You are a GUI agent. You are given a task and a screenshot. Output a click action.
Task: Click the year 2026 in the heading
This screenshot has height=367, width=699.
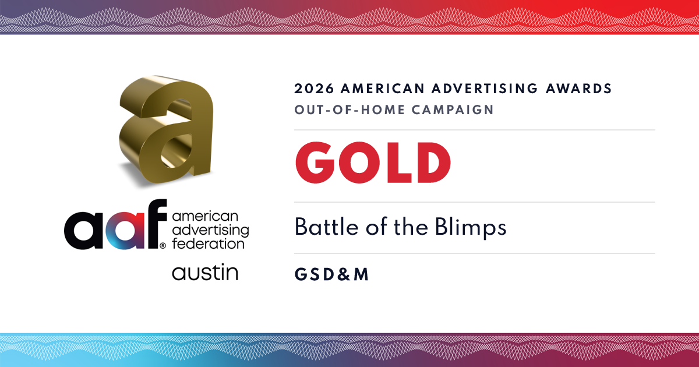314,89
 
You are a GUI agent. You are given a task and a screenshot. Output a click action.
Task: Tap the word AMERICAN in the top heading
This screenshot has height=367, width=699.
383,89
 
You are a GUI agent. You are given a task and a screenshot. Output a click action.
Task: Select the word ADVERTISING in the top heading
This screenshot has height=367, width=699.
485,89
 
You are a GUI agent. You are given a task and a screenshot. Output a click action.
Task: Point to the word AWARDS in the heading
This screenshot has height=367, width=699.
579,89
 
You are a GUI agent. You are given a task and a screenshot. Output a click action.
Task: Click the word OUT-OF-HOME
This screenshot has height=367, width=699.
349,110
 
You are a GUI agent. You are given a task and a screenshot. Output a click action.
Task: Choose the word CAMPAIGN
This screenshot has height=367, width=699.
453,110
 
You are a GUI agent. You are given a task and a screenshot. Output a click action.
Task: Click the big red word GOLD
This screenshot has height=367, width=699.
373,163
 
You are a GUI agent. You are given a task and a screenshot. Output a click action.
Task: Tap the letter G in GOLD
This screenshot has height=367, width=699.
315,163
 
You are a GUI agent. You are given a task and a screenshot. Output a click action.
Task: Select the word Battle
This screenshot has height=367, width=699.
326,227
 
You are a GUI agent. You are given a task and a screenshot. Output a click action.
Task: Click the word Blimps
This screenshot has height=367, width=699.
471,228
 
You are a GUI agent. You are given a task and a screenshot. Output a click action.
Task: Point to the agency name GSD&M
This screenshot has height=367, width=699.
331,274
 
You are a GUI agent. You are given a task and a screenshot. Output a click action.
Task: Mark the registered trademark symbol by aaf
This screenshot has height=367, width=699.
163,246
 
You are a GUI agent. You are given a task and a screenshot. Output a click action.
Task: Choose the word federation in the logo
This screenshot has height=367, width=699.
208,244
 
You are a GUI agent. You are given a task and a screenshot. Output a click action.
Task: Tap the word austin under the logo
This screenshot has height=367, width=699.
205,272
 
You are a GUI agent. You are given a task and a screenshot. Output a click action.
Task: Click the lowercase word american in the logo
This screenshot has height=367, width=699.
205,216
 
